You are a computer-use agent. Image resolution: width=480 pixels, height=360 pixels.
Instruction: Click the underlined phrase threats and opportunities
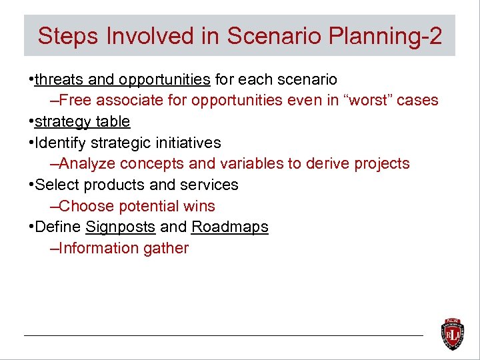122,80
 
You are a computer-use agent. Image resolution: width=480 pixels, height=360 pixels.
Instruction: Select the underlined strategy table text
82,122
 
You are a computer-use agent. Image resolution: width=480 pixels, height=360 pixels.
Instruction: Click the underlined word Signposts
121,227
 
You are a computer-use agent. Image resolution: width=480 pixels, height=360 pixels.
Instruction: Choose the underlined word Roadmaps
230,227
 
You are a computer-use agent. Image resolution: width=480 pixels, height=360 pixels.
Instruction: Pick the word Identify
60,143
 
